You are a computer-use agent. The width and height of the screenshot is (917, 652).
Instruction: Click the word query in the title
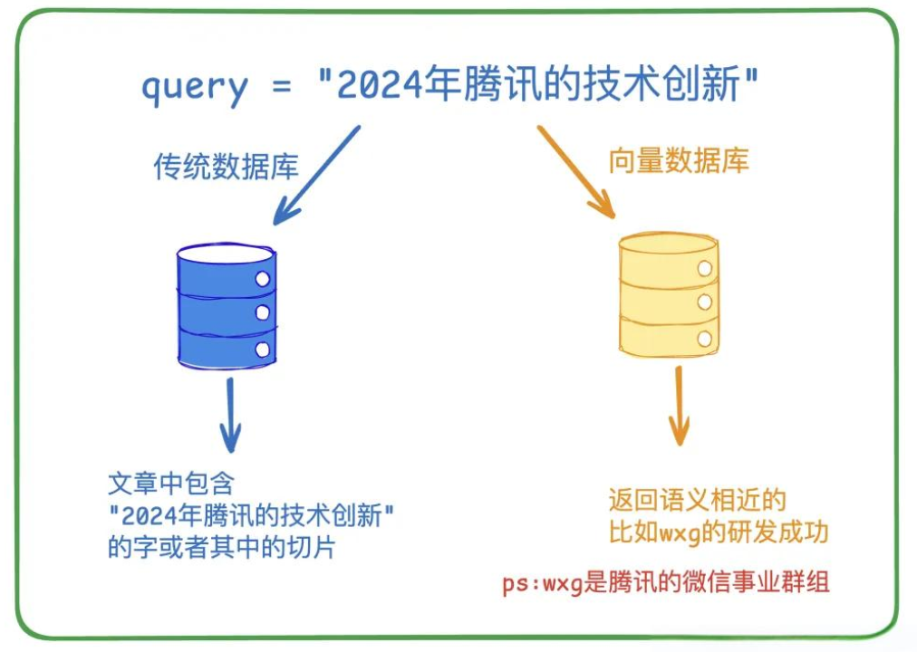[195, 88]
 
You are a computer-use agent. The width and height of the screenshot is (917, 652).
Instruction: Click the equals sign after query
[281, 86]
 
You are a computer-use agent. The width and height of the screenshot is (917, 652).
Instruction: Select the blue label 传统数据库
[226, 167]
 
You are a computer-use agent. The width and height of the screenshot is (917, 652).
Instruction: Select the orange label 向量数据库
[679, 160]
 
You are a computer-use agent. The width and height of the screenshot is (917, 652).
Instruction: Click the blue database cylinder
[227, 305]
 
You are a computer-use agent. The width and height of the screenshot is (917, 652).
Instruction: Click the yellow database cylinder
[669, 295]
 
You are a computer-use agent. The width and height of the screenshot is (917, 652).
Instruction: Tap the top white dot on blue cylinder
[263, 279]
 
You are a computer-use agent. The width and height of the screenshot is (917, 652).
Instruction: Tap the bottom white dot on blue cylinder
[263, 350]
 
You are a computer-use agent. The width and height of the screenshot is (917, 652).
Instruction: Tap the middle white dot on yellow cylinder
[705, 302]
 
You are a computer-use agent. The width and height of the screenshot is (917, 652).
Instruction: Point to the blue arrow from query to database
[316, 175]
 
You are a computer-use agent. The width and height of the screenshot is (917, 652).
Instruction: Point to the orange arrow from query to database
[576, 172]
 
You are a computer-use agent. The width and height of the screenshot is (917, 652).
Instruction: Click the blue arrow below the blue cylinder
[230, 415]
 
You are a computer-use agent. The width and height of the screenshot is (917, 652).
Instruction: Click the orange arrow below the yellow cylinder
[679, 406]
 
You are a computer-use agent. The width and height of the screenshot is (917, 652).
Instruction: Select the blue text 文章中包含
[171, 484]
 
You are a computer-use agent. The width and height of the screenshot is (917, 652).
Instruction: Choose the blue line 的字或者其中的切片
[222, 548]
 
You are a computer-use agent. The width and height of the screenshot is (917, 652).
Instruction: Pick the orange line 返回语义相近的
[697, 500]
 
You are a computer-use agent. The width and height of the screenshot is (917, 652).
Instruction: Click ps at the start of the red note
[514, 584]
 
